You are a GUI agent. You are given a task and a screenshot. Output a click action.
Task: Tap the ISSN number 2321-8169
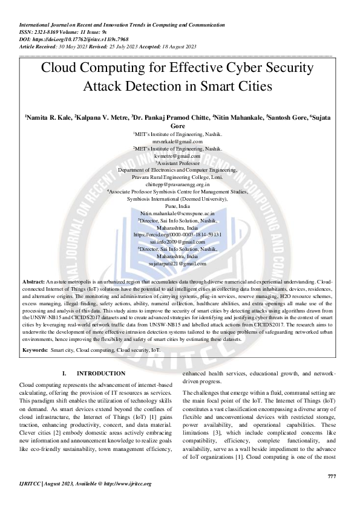pos(47,33)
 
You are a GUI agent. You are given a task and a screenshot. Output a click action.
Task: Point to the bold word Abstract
pos(33,282)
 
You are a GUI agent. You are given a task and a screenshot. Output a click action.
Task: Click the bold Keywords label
pos(35,350)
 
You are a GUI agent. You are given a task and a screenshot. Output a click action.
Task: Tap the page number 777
pos(331,476)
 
